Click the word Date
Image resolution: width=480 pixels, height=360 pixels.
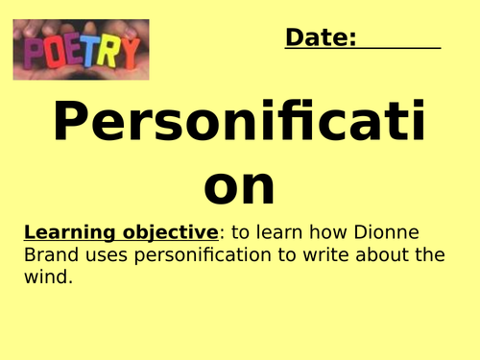tap(321, 37)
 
